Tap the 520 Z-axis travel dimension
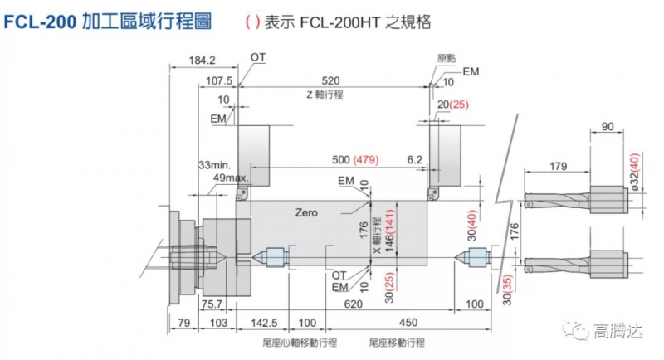pyautogui.click(x=331, y=80)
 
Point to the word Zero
pyautogui.click(x=306, y=213)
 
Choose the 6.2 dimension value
pyautogui.click(x=415, y=158)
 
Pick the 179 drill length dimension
pyautogui.click(x=558, y=167)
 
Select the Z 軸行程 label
pyautogui.click(x=325, y=95)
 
